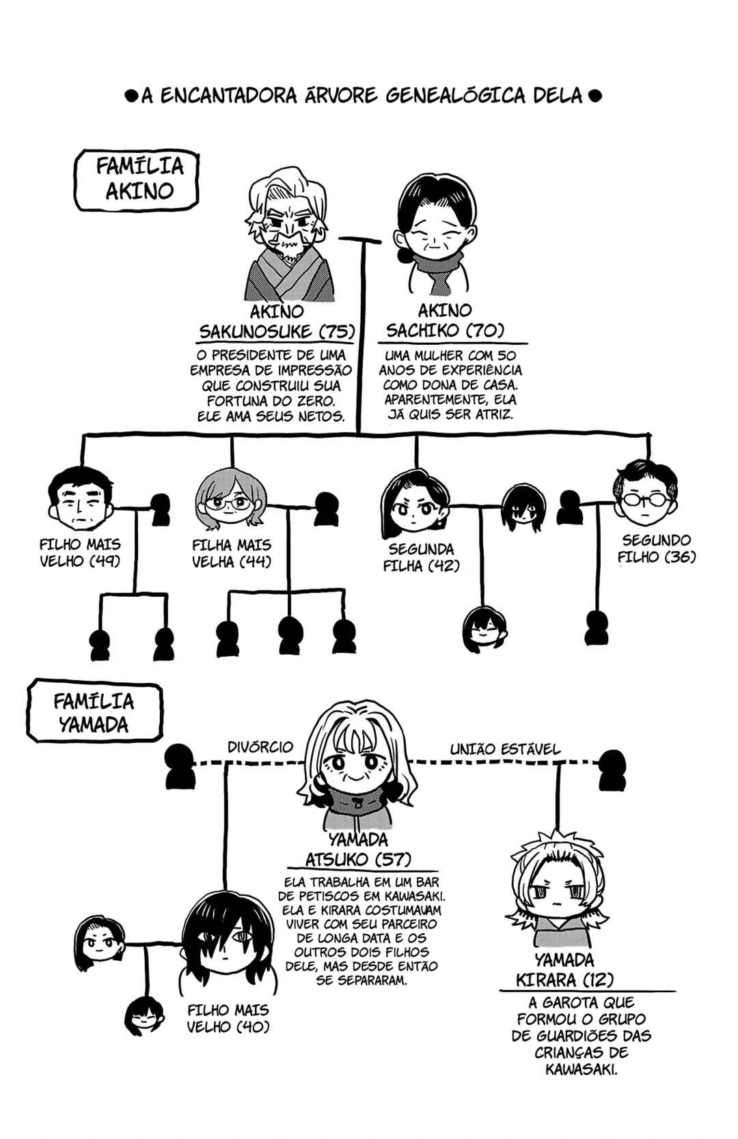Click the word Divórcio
[x=260, y=747]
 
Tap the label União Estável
[x=505, y=749]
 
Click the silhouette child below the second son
[x=597, y=628]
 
